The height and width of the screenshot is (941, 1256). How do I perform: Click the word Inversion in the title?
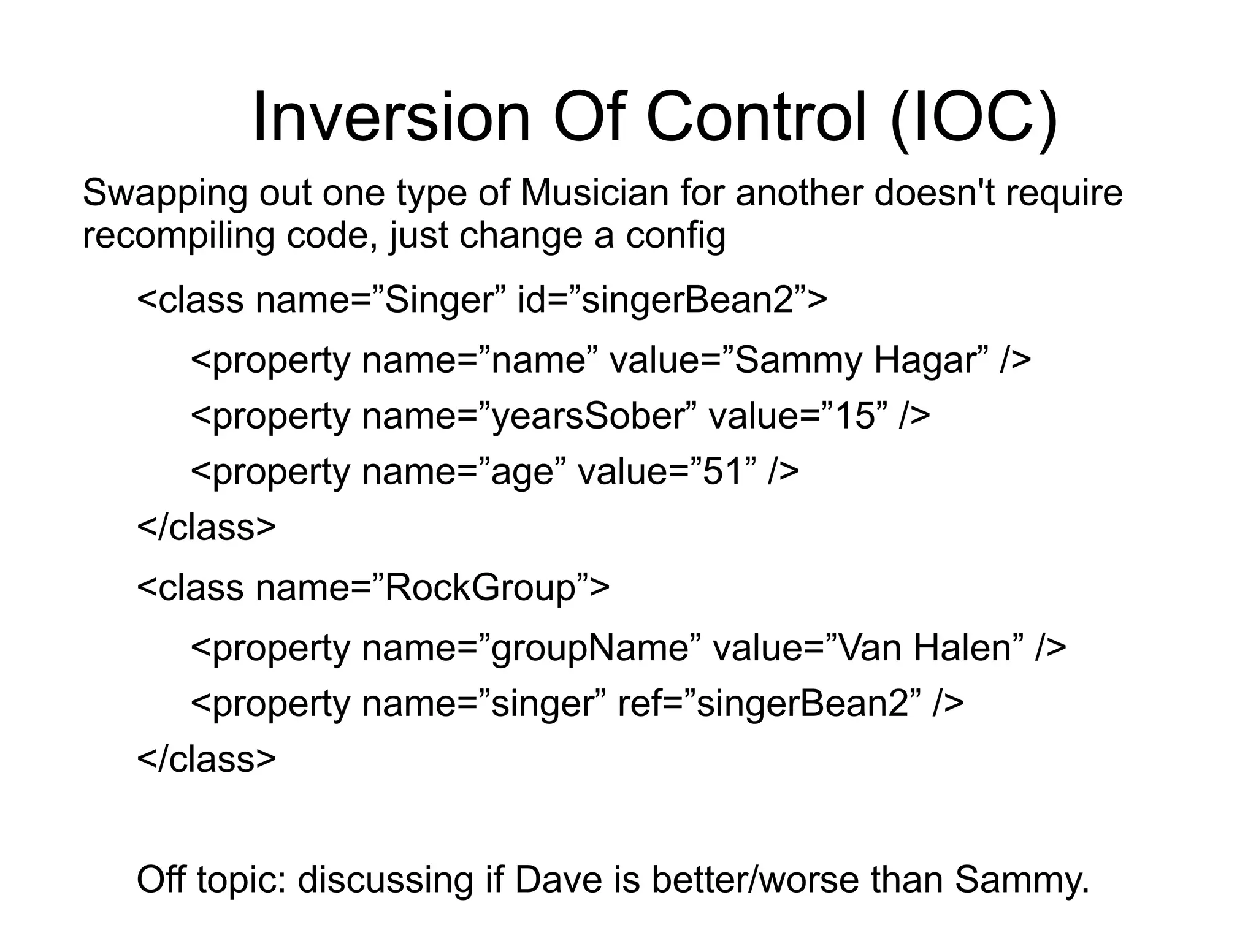coord(391,116)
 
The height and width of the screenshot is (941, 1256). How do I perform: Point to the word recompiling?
coord(178,236)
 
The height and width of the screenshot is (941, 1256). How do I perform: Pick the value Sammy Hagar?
coord(852,360)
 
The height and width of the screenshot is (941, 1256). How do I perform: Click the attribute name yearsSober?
coord(588,416)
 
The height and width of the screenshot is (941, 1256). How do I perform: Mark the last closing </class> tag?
coord(207,760)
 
